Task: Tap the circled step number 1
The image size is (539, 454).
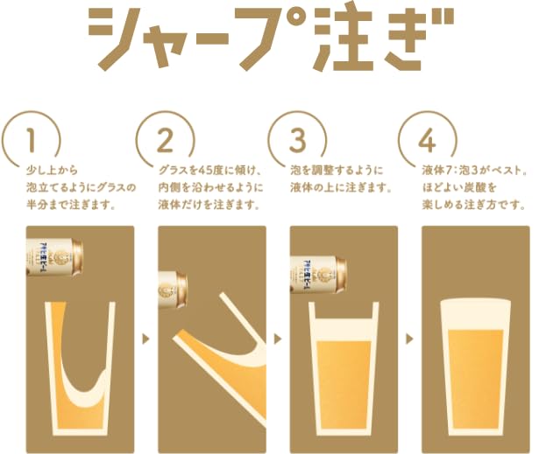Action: pos(32,139)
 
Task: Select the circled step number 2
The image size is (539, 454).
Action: pos(163,139)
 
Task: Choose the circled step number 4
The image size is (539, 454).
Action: pos(427,139)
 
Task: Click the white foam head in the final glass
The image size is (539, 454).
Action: pos(476,314)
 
